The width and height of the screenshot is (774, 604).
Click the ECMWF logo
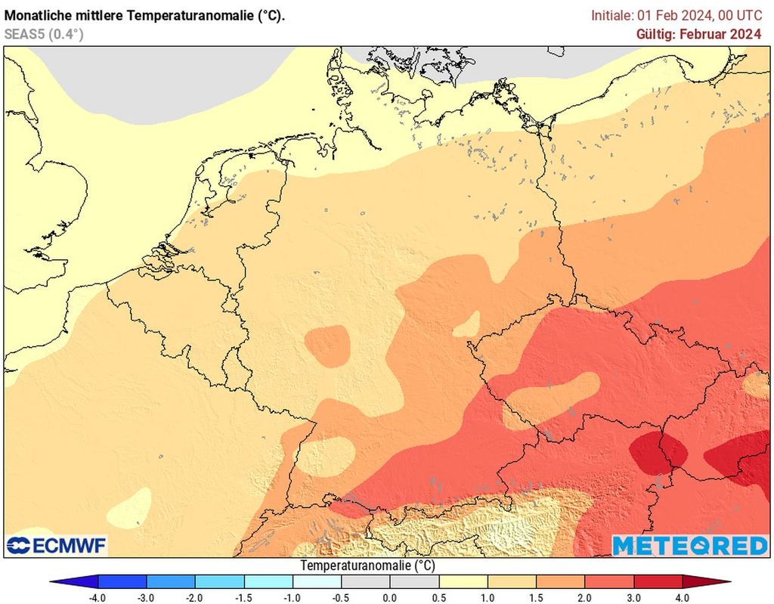57,545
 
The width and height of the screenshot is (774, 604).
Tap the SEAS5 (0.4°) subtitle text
43,34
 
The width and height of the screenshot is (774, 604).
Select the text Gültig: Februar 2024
698,34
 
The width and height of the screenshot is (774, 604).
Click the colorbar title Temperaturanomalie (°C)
367,565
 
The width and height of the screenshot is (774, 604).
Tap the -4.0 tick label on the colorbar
98,598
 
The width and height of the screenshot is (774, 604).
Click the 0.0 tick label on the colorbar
390,598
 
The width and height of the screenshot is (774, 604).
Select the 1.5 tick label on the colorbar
537,598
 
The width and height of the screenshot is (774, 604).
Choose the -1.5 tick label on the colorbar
243,598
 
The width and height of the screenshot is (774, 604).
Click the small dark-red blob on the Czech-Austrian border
658,451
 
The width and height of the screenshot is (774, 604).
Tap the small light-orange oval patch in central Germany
327,345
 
